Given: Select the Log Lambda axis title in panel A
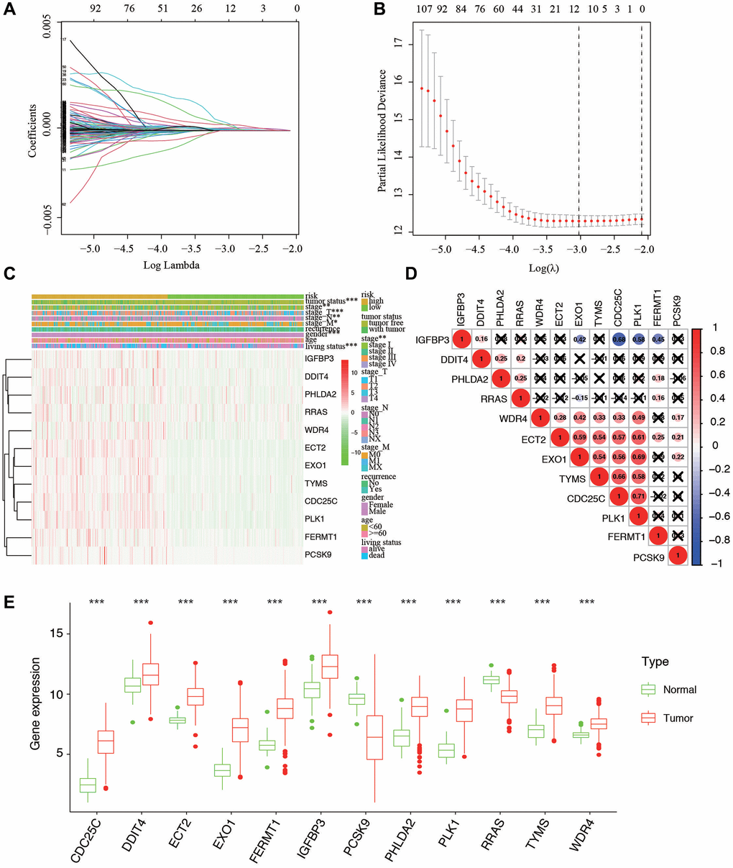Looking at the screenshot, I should coord(171,265).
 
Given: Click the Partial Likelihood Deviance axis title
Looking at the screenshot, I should coord(383,131).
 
